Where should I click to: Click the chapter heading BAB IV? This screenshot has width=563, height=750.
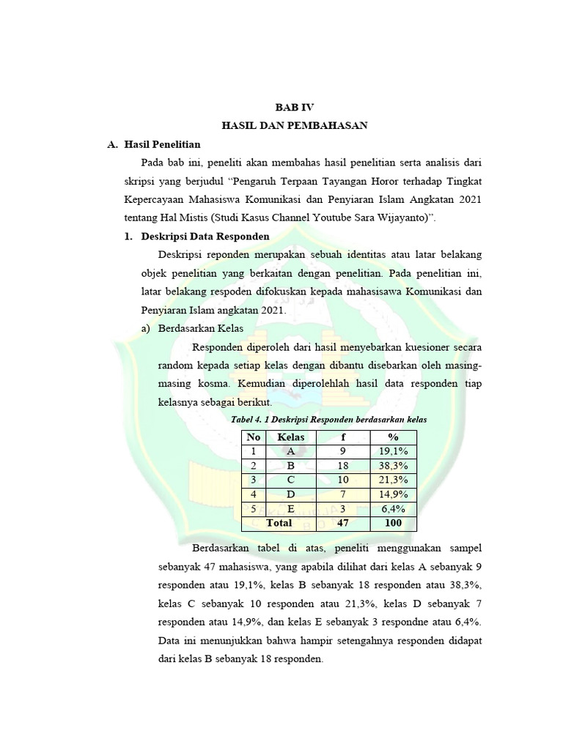click(294, 107)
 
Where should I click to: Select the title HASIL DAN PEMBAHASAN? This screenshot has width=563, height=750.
click(294, 126)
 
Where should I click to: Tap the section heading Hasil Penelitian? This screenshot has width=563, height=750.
click(162, 145)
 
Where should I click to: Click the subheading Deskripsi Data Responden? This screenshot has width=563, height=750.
click(205, 237)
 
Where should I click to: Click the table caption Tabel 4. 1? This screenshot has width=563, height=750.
click(328, 420)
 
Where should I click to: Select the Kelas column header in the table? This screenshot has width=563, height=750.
click(291, 437)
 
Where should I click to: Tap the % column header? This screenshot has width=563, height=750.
click(392, 437)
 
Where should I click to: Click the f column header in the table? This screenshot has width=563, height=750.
click(342, 437)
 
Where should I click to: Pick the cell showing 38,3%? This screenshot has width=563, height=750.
click(392, 466)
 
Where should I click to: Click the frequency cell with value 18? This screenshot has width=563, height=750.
click(342, 466)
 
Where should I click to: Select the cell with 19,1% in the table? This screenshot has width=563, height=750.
click(392, 452)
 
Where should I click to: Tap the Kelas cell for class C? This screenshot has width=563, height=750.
click(291, 480)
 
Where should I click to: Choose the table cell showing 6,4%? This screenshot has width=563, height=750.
click(392, 508)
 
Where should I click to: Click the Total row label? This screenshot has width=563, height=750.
click(279, 523)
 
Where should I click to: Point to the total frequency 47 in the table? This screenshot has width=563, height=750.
click(342, 523)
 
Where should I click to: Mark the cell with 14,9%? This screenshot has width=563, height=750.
click(392, 494)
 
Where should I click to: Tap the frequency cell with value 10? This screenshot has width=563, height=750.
click(342, 480)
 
